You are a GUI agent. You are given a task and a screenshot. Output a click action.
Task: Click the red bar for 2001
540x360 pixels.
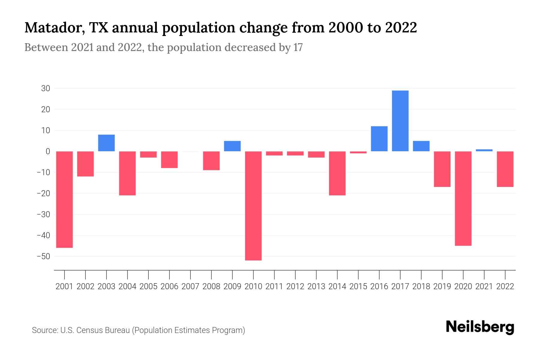pyautogui.click(x=64, y=199)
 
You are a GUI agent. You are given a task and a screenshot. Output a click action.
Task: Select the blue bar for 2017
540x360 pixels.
pyautogui.click(x=400, y=121)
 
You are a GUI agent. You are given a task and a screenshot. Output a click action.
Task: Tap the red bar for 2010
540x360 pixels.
pyautogui.click(x=253, y=206)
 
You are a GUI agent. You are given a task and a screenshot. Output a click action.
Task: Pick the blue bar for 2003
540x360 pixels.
pyautogui.click(x=106, y=143)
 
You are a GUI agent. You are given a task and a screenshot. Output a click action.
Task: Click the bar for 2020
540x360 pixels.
pyautogui.click(x=463, y=199)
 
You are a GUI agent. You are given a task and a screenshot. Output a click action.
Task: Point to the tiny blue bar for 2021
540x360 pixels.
pyautogui.click(x=484, y=150)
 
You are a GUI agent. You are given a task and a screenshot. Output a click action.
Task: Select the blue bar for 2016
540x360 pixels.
pyautogui.click(x=379, y=139)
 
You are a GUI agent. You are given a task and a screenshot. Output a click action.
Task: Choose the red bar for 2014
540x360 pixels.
pyautogui.click(x=337, y=173)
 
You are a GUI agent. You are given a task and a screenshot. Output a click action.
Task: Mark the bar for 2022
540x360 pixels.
pyautogui.click(x=505, y=169)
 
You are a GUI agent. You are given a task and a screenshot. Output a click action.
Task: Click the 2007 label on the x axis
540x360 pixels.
pyautogui.click(x=190, y=286)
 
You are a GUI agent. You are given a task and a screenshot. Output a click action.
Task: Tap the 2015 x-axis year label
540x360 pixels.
pyautogui.click(x=358, y=286)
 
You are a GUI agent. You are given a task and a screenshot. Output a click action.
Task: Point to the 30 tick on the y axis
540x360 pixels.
pyautogui.click(x=46, y=88)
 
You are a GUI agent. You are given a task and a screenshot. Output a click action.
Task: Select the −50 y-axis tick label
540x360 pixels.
pyautogui.click(x=43, y=256)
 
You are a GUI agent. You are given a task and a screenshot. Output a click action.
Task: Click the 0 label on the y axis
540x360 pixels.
pyautogui.click(x=48, y=151)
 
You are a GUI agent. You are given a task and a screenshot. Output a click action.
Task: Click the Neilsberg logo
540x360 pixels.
pyautogui.click(x=480, y=327)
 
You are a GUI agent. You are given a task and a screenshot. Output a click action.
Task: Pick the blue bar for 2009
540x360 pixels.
pyautogui.click(x=232, y=146)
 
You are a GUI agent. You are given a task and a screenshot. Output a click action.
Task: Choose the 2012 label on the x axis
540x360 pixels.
pyautogui.click(x=295, y=286)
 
